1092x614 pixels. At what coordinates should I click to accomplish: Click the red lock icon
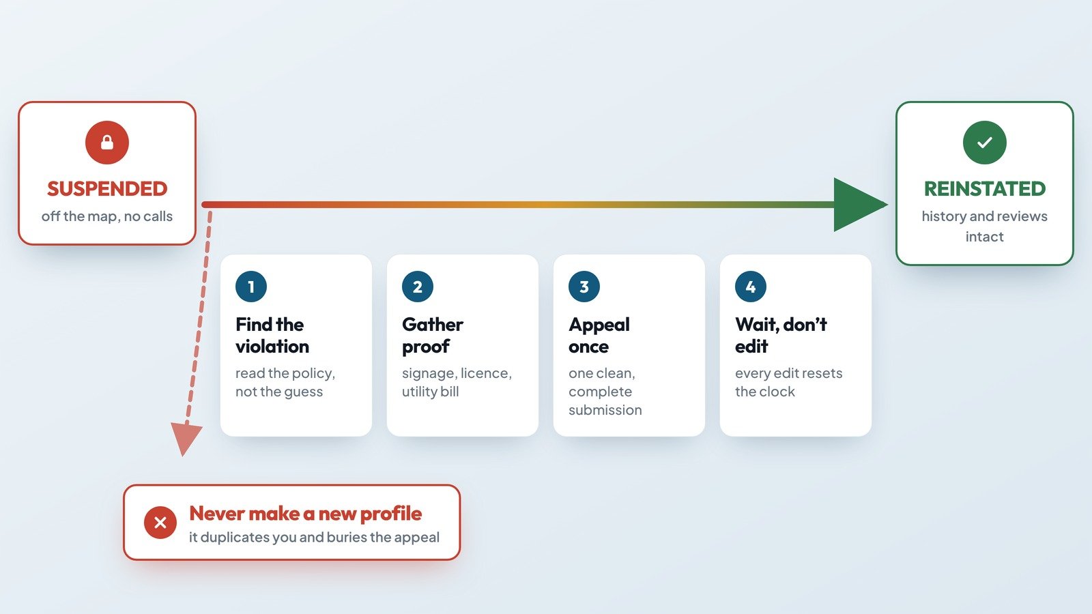coord(106,143)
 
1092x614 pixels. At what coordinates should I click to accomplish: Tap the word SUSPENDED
coord(107,188)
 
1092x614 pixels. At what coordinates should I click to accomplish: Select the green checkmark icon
coord(984,143)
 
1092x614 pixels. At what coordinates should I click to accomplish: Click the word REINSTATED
coord(985,188)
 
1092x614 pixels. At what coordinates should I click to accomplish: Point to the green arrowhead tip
coord(888,204)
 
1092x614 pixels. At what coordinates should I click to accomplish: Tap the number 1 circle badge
coord(251,287)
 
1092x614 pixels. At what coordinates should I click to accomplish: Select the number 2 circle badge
coord(418,287)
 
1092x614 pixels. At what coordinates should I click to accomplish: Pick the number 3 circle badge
coord(584,287)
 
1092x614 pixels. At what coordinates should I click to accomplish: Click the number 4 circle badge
coord(751,287)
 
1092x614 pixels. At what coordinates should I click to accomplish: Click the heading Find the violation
coord(272,335)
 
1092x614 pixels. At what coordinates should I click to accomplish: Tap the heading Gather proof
coord(433,335)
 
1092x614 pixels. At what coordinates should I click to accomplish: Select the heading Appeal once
coord(599,335)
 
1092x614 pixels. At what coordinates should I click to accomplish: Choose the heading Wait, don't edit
coord(781,335)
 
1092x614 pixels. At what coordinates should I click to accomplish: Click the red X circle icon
coord(160,523)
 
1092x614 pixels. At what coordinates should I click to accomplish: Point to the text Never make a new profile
coord(305,513)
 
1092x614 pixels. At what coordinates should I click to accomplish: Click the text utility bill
coord(430,392)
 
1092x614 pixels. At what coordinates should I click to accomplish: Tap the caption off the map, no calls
coord(106,216)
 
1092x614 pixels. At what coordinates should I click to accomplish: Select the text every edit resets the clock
coord(789,382)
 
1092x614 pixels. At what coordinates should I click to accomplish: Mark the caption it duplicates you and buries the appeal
coord(314,537)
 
